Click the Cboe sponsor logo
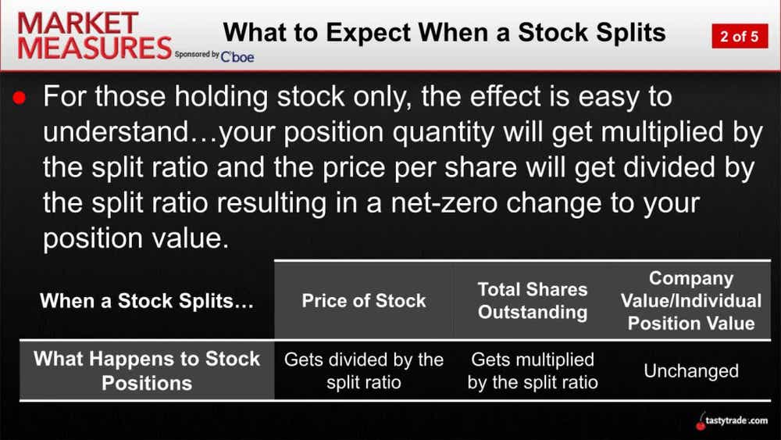point(237,56)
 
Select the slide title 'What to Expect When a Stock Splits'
point(444,33)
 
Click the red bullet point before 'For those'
point(21,99)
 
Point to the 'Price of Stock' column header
point(364,301)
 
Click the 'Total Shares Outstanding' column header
point(533,301)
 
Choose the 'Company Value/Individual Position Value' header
point(691,301)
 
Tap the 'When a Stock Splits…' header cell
point(147,301)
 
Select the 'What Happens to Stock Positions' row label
point(147,370)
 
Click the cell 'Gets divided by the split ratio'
point(364,371)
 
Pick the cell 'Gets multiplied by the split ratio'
point(533,371)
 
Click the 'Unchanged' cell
point(691,371)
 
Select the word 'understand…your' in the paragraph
point(191,134)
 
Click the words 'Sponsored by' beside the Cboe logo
point(197,55)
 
